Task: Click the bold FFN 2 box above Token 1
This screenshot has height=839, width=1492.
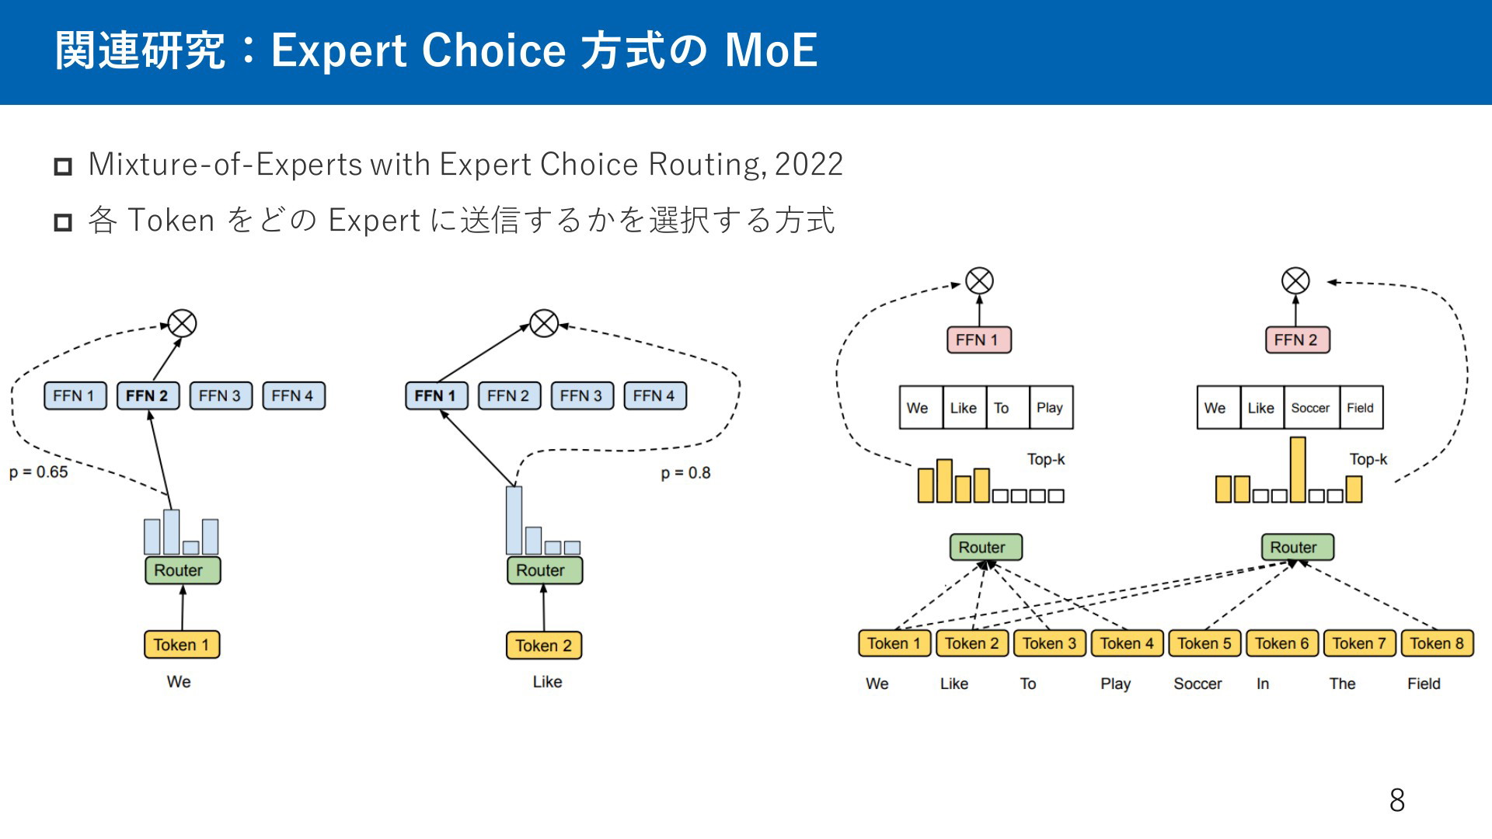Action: pyautogui.click(x=148, y=396)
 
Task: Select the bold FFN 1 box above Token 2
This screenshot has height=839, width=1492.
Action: pyautogui.click(x=436, y=396)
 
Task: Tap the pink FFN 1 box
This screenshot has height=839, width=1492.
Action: pyautogui.click(x=978, y=340)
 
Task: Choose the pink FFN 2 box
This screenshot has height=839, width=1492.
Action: pyautogui.click(x=1297, y=340)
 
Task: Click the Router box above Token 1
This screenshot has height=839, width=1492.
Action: pyautogui.click(x=182, y=570)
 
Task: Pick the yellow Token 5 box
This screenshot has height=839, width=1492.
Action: pyautogui.click(x=1204, y=643)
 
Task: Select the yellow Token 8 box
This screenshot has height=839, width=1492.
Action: pyautogui.click(x=1437, y=643)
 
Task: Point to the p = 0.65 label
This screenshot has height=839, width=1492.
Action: pyautogui.click(x=39, y=472)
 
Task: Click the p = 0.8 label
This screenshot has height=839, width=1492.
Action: pyautogui.click(x=685, y=473)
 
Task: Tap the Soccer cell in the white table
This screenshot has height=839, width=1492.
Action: pyautogui.click(x=1310, y=408)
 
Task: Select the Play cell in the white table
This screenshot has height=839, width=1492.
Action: pyautogui.click(x=1050, y=408)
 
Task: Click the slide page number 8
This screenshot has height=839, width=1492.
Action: pyautogui.click(x=1396, y=800)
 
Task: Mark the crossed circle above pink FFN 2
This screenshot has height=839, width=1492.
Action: pyautogui.click(x=1295, y=281)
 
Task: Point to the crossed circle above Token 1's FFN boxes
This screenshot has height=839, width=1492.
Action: pyautogui.click(x=183, y=323)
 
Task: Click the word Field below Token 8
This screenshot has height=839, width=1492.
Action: pyautogui.click(x=1424, y=684)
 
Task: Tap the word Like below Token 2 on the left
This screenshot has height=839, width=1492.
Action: pyautogui.click(x=547, y=682)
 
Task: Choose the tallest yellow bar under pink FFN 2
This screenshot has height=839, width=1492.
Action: pyautogui.click(x=1298, y=469)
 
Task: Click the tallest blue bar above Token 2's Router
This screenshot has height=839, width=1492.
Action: pyautogui.click(x=514, y=520)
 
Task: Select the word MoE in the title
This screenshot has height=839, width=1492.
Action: pyautogui.click(x=771, y=51)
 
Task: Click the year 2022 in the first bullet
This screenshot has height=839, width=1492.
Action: pyautogui.click(x=809, y=165)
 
